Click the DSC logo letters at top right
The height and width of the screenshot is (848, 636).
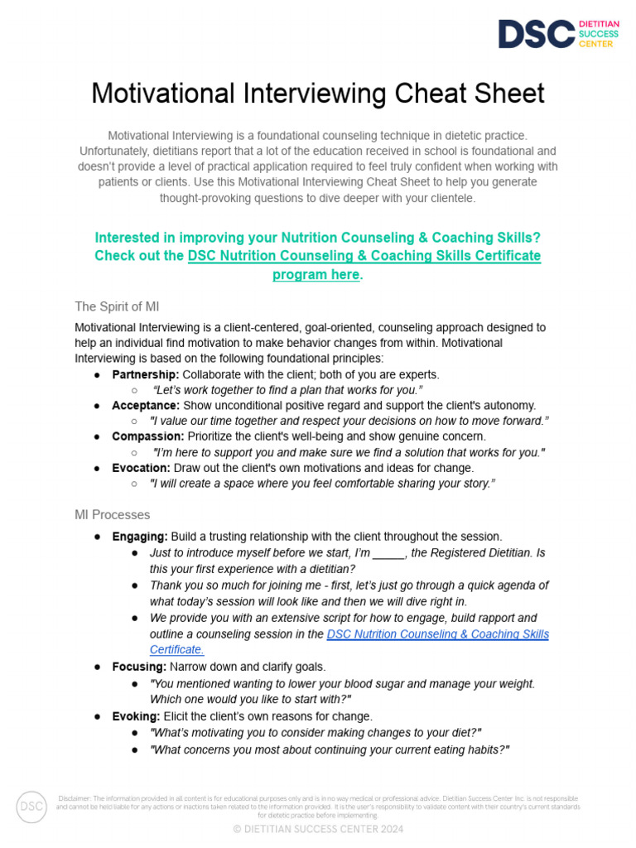[536, 34]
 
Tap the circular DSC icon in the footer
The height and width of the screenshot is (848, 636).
[31, 807]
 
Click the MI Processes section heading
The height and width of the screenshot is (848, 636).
[112, 515]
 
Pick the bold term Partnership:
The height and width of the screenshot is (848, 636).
[146, 374]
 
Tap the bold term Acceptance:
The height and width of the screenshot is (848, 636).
[146, 405]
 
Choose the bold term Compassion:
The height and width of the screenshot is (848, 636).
[148, 436]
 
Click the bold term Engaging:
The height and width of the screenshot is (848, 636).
[140, 537]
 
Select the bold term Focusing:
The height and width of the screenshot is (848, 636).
[139, 667]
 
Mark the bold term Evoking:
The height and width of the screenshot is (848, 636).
[137, 716]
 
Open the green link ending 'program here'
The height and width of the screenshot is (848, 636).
[316, 275]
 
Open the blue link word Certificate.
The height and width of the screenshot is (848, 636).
[176, 650]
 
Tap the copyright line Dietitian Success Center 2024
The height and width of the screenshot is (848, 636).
[318, 829]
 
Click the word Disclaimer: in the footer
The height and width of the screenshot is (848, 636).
[74, 797]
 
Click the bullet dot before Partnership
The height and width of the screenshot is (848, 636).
[98, 375]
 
